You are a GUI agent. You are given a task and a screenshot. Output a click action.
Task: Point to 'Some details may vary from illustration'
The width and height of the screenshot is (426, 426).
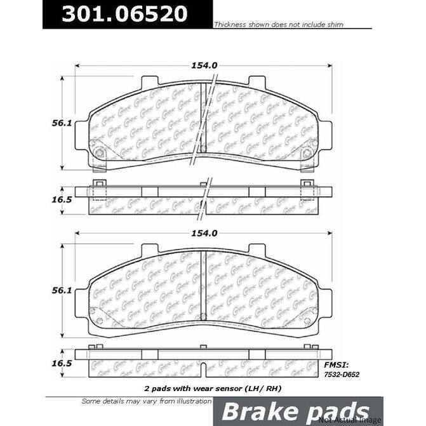[147, 401]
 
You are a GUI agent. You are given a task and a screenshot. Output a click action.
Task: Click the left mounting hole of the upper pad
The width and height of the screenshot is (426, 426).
[100, 152]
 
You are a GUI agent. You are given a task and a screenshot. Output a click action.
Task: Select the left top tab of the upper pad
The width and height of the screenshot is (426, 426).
[149, 83]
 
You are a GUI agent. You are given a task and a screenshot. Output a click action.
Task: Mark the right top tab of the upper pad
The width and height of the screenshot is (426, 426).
[257, 83]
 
